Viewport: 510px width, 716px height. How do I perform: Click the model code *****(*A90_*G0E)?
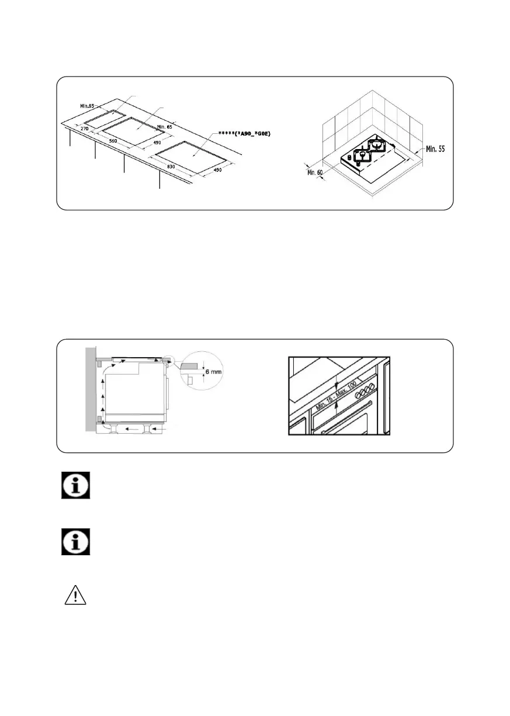coord(244,134)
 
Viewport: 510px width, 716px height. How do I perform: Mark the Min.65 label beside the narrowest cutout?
coord(87,106)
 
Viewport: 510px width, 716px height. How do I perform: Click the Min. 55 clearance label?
coord(433,149)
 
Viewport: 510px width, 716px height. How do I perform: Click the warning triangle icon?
coord(75,594)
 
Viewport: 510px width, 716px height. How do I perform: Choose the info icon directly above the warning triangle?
coord(75,542)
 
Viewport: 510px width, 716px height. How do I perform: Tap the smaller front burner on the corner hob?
coord(361,154)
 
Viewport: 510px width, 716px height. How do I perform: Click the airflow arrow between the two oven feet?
coord(134,428)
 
